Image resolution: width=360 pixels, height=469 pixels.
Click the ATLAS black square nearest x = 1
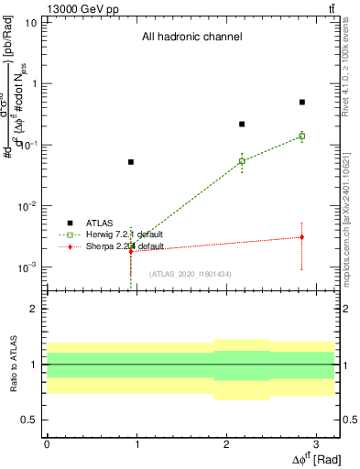pos(131,162)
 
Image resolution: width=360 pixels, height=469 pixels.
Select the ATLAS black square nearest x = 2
pos(242,124)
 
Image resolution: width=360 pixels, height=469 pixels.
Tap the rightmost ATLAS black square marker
pos(301,103)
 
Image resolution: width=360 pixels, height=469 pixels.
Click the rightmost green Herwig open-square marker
pos(301,136)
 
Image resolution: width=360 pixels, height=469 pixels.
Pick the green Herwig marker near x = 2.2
pos(242,161)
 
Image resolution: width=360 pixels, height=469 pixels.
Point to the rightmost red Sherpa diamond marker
pos(301,237)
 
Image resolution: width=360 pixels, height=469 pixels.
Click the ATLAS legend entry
pos(87,223)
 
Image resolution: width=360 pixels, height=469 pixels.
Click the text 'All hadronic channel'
pos(191,38)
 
